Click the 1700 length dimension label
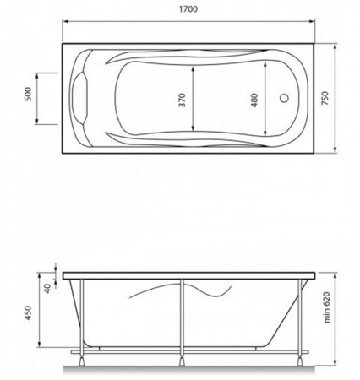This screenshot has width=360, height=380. [188, 9]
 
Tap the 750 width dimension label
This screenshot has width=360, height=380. [325, 98]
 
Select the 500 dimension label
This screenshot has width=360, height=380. [29, 94]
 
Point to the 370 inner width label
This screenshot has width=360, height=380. [183, 100]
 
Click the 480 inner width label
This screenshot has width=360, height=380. [254, 100]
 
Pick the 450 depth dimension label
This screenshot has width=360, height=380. [29, 313]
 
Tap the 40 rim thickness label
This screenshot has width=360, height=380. [47, 288]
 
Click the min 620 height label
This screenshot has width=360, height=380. [326, 307]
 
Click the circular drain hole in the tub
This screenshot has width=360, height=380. [284, 98]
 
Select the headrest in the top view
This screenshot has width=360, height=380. [80, 98]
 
